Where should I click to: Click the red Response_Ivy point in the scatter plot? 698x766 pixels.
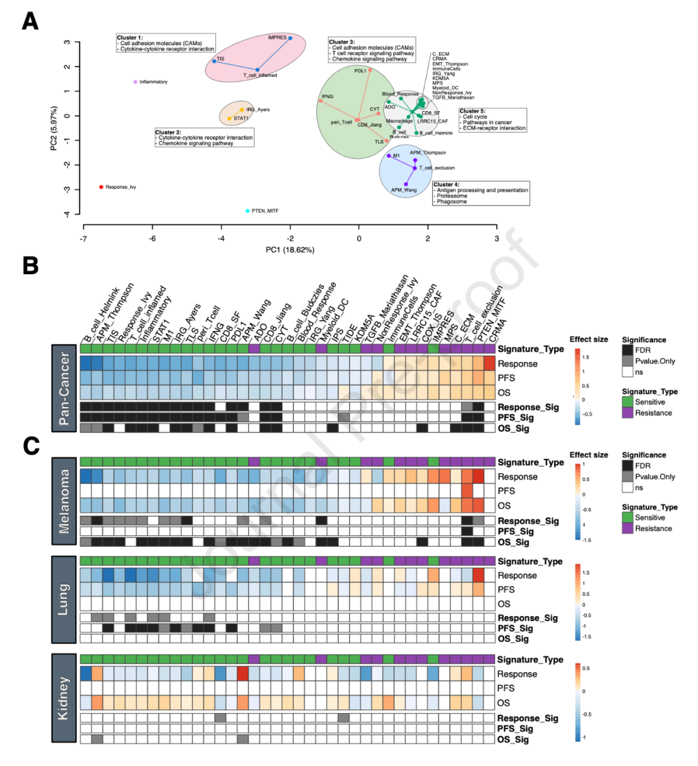pos(101,187)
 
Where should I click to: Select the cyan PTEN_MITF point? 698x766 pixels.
pos(248,211)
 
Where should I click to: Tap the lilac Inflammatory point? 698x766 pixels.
pos(135,82)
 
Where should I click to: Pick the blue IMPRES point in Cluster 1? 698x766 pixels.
pos(290,38)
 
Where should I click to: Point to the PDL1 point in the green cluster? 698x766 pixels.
pos(370,70)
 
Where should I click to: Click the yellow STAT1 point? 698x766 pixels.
pos(229,118)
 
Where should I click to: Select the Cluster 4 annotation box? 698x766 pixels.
pos(481,193)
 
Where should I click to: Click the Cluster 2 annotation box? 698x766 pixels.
pos(204,138)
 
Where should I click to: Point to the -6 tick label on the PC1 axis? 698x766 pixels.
pos(153,239)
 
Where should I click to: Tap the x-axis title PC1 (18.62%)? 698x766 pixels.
pos(290,250)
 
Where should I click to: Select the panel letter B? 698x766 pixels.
pos(30,266)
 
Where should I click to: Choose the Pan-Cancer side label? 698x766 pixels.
pos(65,388)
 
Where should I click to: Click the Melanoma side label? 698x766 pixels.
pos(65,501)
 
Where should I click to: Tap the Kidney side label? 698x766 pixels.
pos(63,698)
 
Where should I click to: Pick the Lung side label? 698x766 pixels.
pos(63,599)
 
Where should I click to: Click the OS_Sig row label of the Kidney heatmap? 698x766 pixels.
pos(513,739)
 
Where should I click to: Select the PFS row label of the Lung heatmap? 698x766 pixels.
pos(506,590)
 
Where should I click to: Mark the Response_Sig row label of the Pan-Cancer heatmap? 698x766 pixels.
pos(528,407)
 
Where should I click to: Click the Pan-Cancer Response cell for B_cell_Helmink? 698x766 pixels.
pos(86,363)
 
